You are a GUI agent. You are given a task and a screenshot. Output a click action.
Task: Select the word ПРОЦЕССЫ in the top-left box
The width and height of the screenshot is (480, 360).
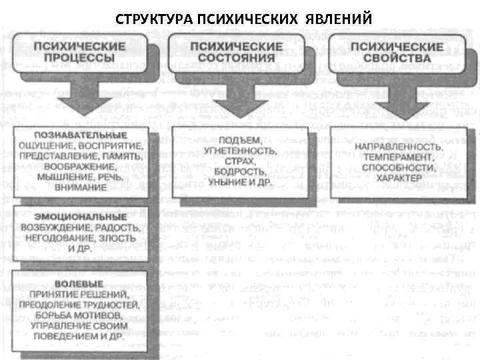click(x=81, y=58)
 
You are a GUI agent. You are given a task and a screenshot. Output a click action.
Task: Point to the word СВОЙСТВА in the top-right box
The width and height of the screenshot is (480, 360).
click(x=397, y=58)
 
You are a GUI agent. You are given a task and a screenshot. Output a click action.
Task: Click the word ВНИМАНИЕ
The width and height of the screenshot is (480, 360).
click(x=81, y=188)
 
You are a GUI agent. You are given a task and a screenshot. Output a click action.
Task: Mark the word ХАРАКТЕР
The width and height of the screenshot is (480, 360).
click(x=399, y=179)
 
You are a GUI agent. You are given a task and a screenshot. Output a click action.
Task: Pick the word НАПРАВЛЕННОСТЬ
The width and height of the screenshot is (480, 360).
click(x=398, y=146)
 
